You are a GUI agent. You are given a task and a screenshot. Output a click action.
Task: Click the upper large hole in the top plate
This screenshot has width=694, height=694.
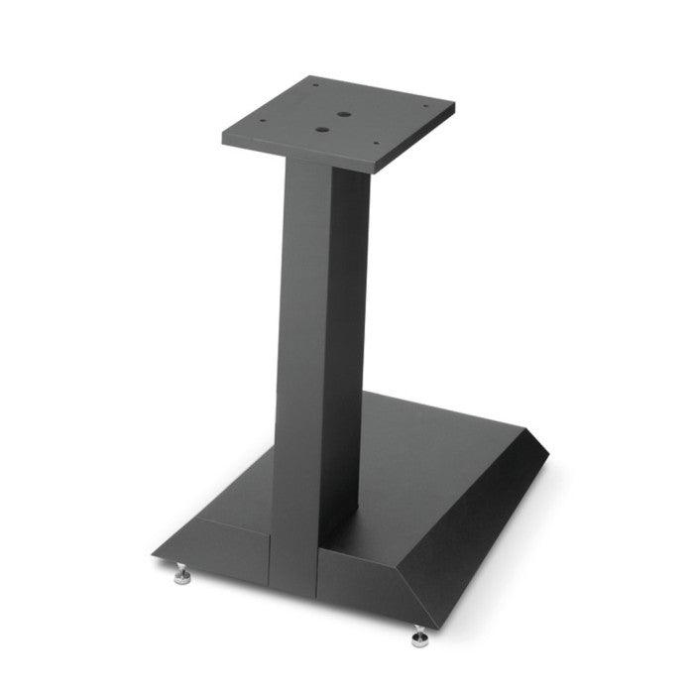coord(342,114)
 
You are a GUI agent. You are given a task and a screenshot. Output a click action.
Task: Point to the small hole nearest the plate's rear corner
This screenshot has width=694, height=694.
coord(316,86)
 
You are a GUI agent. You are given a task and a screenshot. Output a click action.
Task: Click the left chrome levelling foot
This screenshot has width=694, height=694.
coord(184,573)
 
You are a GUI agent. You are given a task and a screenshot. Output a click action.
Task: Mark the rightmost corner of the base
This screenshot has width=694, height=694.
coord(548,454)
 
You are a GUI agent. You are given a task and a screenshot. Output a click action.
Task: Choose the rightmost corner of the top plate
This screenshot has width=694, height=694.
coord(454,106)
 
